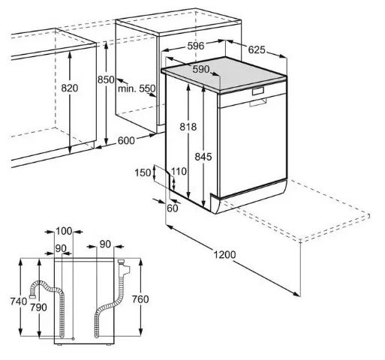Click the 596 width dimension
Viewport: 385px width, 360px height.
[x=195, y=46]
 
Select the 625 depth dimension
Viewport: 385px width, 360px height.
[x=257, y=50]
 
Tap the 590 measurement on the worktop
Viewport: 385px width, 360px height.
[x=200, y=69]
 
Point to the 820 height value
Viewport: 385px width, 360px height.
[x=69, y=88]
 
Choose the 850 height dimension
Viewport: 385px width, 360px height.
[x=106, y=80]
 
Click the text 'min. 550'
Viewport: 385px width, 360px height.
[x=137, y=88]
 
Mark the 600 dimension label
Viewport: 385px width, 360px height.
[x=126, y=140]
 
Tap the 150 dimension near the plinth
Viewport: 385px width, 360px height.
[x=141, y=172]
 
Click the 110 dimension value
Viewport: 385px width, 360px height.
[x=178, y=172]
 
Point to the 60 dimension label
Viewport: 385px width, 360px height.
[x=173, y=208]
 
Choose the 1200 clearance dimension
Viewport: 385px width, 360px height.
[x=224, y=255]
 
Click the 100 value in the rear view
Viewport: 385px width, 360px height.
[x=64, y=230]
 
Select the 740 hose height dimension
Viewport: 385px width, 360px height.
[x=19, y=301]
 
